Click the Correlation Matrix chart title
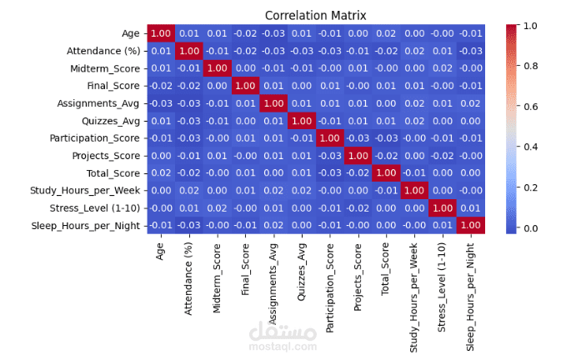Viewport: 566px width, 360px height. [315, 16]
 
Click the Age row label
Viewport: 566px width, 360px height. [131, 32]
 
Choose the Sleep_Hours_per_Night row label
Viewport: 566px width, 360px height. [85, 225]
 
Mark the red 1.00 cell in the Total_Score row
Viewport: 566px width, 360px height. [386, 172]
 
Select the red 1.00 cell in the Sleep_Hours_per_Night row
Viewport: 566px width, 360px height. [472, 225]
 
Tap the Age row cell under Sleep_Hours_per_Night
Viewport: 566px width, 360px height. [472, 32]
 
